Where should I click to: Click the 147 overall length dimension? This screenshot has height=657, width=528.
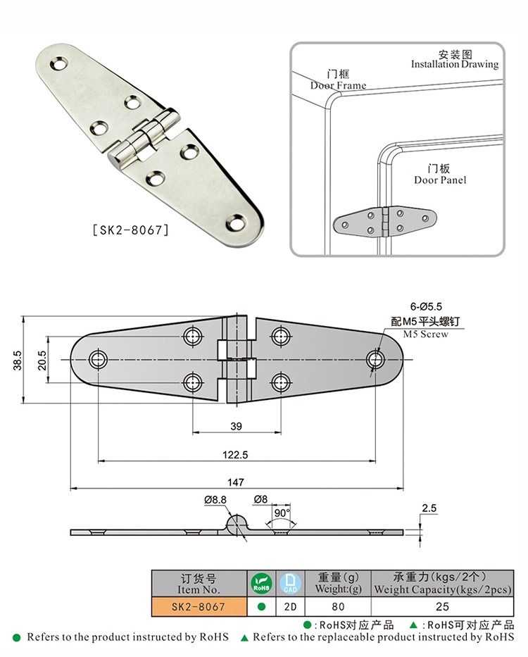(x=236, y=482)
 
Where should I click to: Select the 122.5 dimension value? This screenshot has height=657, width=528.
(x=236, y=455)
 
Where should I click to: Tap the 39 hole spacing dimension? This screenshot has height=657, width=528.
(x=236, y=426)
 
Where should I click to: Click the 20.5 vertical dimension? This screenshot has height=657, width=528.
(x=42, y=360)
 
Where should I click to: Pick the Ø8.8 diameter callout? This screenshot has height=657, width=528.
(x=215, y=499)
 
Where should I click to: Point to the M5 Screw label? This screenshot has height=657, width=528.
(x=425, y=334)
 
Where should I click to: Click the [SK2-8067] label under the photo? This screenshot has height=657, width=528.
(x=130, y=229)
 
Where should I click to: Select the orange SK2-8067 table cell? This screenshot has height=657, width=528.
(x=199, y=606)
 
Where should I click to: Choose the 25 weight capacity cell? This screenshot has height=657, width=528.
(x=442, y=606)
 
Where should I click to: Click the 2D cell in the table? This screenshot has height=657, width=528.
(x=289, y=606)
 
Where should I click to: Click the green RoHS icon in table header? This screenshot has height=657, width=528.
(x=260, y=582)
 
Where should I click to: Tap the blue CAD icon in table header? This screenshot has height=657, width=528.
(x=289, y=582)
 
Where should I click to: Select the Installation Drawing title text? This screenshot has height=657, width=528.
(x=454, y=64)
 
